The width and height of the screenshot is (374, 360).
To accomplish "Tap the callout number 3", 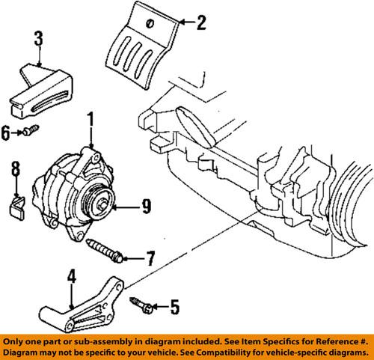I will coord(38,37).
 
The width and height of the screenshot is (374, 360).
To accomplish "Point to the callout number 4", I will coord(72,278).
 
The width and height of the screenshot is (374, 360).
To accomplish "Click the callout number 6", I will coord(6,132).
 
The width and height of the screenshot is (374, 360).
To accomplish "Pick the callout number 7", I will coord(150,260).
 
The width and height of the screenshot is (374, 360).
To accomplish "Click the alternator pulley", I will coord(98,201).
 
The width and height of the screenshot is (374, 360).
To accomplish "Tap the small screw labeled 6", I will coord(30,132).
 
